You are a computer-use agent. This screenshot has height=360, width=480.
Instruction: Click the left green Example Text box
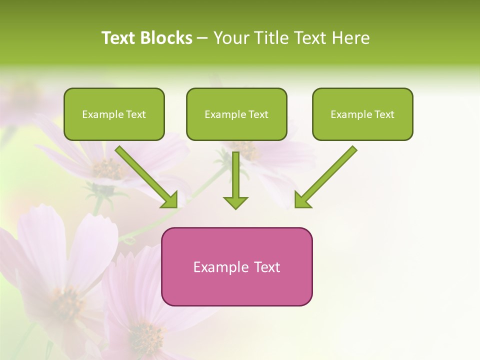(114, 114)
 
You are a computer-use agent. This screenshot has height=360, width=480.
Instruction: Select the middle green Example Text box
(236, 114)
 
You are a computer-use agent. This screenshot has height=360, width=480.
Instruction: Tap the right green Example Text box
(362, 114)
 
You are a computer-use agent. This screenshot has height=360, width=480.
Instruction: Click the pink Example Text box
(236, 266)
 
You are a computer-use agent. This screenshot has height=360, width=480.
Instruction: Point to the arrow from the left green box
(145, 175)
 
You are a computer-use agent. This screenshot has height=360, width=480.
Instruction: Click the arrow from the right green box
(327, 175)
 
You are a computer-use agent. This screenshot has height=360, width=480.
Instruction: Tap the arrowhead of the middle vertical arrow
(235, 202)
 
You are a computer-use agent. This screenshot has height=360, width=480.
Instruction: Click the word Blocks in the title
(166, 38)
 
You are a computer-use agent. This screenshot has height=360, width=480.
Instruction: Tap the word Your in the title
(228, 38)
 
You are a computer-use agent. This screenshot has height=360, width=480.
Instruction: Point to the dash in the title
(203, 38)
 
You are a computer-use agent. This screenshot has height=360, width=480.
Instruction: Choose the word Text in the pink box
(267, 267)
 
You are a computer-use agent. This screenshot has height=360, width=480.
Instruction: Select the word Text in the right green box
(384, 114)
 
